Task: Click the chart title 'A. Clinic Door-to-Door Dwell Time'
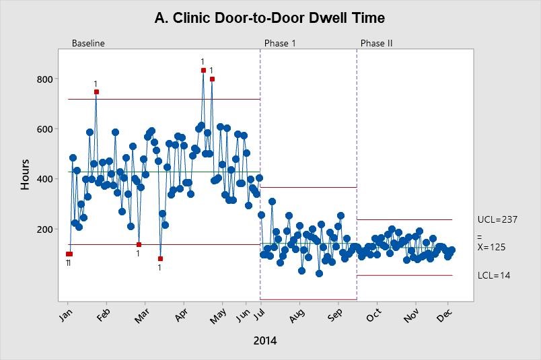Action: [x=270, y=17]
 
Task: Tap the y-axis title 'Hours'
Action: [x=26, y=174]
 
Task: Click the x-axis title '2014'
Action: [x=264, y=340]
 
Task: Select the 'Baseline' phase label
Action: [x=88, y=43]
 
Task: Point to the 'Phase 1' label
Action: [x=279, y=43]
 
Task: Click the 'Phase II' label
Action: [x=376, y=43]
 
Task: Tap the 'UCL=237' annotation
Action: [x=497, y=219]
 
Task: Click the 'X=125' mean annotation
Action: [x=491, y=247]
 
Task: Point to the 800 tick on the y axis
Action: [x=44, y=79]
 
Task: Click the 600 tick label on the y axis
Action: [x=44, y=129]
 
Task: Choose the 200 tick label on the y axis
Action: [x=44, y=229]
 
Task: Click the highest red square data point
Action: [x=203, y=70]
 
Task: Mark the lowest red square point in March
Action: [x=160, y=258]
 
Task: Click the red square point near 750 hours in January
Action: [x=96, y=92]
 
